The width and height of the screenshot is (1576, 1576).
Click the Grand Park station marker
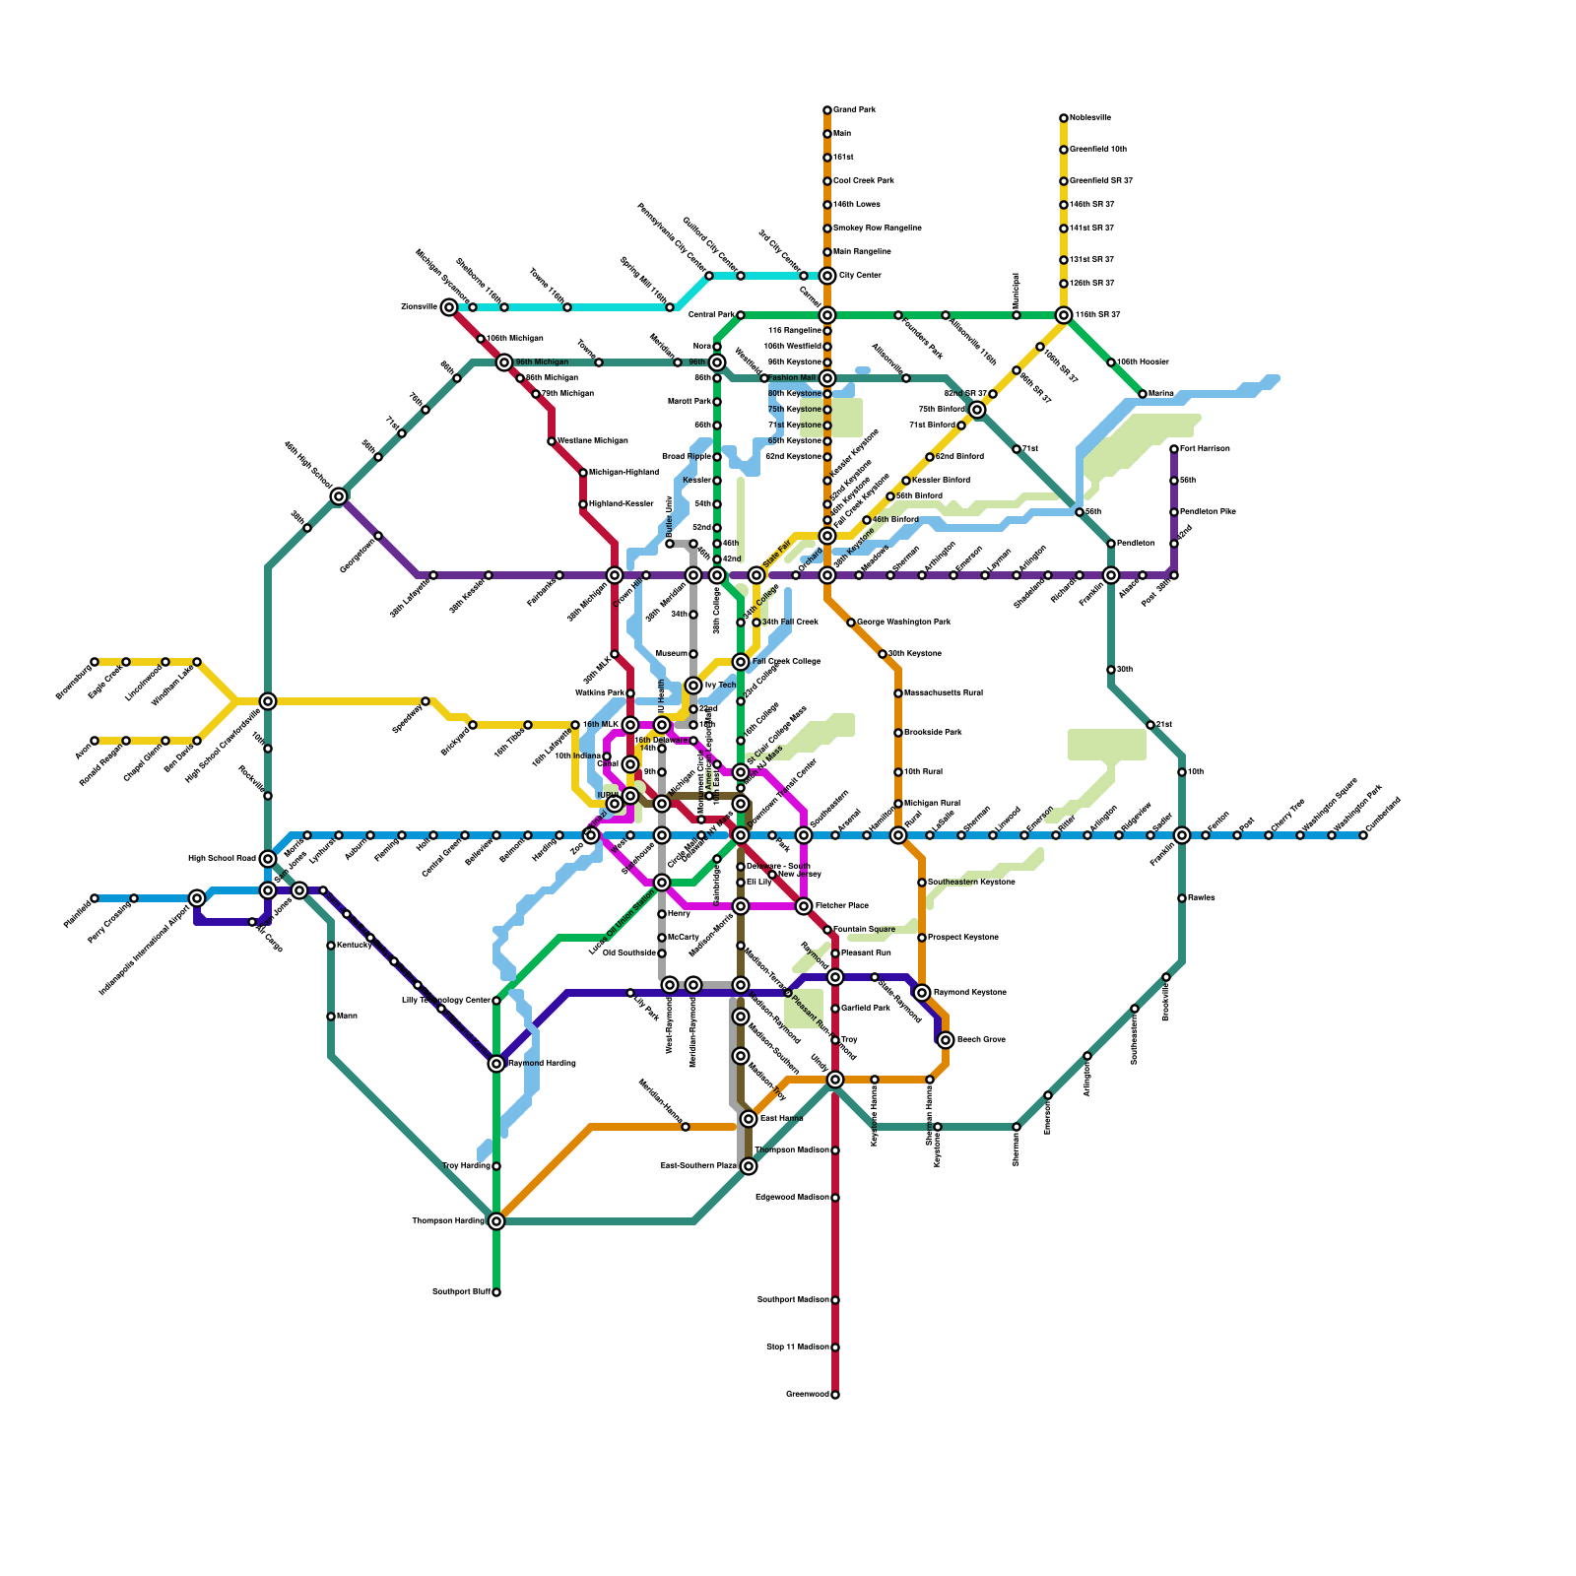coord(827,110)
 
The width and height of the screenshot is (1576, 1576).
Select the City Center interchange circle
coord(827,276)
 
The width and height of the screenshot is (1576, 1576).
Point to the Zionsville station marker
coord(449,307)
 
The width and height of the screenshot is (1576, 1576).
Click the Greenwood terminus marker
coord(835,1395)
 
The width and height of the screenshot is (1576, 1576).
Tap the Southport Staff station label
coord(461,1292)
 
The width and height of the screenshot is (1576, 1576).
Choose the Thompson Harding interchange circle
coord(496,1221)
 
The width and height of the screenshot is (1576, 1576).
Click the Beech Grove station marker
coord(946,1040)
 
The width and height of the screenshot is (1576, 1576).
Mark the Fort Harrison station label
coord(1205,449)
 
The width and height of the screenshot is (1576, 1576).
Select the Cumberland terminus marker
coord(1363,835)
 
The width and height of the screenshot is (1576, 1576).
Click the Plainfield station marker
coord(95,898)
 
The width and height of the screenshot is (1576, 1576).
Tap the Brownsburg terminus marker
coord(95,662)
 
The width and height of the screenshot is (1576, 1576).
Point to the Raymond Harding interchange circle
coord(496,1064)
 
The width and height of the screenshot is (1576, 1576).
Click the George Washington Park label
coord(903,623)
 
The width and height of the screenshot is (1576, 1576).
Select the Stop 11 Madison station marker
coord(835,1347)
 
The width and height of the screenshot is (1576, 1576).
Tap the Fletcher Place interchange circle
coord(804,906)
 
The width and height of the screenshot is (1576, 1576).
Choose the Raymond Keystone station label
coord(969,993)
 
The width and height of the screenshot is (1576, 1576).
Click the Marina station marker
coord(1143,394)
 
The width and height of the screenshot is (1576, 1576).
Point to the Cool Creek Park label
coord(864,181)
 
